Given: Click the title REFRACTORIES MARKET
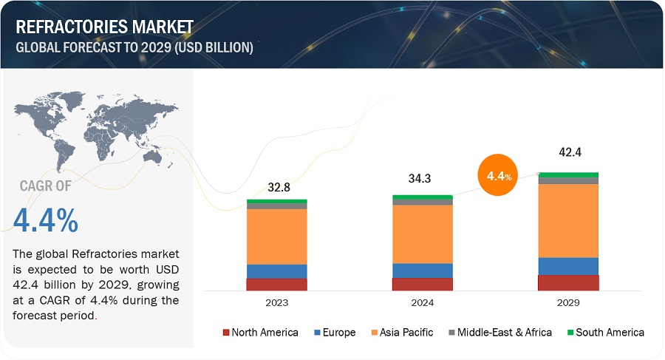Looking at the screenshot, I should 103,27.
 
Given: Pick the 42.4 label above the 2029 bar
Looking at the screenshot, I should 567,153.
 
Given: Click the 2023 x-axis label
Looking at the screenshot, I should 277,303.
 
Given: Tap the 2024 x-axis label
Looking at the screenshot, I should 423,303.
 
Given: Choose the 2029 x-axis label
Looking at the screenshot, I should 567,303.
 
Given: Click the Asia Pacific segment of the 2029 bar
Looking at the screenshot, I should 567,220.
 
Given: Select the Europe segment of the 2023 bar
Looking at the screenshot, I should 277,271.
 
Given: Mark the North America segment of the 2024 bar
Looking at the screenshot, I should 423,284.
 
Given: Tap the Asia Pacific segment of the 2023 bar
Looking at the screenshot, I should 277,237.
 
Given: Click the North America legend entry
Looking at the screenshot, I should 260,333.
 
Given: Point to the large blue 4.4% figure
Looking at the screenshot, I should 46,221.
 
